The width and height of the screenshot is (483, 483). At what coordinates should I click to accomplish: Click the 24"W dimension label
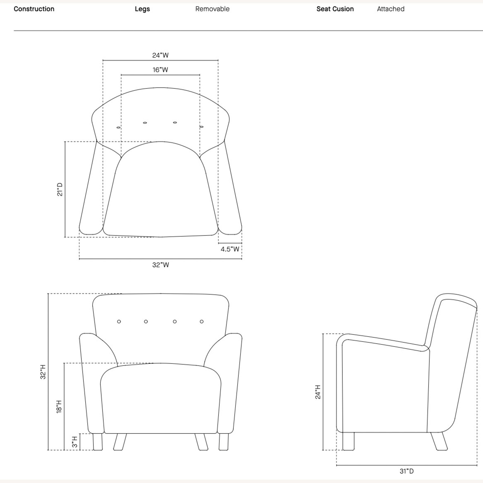(160, 55)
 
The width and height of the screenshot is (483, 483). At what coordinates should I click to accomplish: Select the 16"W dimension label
(160, 70)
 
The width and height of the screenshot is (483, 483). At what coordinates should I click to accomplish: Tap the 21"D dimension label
(60, 189)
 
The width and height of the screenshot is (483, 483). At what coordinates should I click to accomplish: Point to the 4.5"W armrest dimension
(230, 249)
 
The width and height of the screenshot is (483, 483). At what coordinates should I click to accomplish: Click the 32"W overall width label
(160, 265)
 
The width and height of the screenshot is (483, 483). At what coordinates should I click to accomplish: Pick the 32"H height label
(43, 372)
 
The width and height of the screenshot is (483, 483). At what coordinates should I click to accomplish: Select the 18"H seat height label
(59, 407)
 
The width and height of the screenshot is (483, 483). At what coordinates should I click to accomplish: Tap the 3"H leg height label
(75, 442)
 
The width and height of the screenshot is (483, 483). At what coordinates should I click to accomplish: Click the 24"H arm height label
(318, 392)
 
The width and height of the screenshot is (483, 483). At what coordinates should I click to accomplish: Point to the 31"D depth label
(407, 471)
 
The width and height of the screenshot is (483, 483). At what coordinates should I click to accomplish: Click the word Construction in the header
(34, 9)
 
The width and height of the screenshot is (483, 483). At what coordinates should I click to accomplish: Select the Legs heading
(142, 9)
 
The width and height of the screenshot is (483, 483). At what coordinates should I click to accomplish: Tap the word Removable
(212, 9)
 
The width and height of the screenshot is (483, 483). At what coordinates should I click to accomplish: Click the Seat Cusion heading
(335, 9)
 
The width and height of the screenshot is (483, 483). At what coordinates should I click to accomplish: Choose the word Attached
(391, 9)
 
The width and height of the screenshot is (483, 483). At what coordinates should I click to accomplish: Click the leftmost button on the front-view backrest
(119, 321)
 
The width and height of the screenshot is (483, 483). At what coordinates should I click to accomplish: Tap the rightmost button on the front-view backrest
(202, 321)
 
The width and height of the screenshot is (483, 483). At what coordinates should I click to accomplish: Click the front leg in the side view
(348, 441)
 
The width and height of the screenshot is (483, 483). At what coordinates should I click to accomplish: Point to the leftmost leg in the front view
(98, 441)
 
